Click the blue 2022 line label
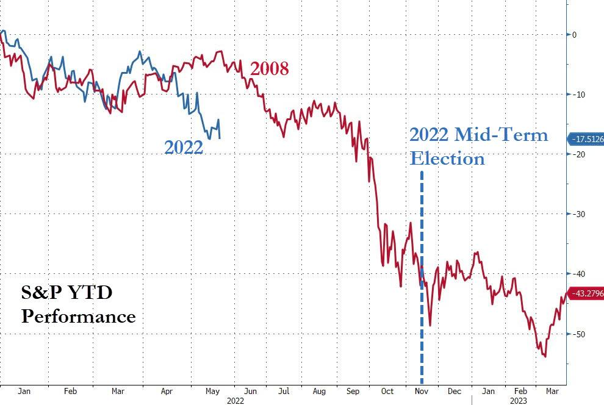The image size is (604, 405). click(x=183, y=147)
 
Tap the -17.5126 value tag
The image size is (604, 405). click(x=586, y=139)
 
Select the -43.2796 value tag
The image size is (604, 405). click(x=586, y=294)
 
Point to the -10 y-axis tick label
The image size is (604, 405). click(x=577, y=95)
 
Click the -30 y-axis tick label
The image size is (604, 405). click(x=577, y=214)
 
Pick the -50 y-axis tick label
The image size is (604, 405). click(x=577, y=334)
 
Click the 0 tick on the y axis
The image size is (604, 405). click(x=574, y=35)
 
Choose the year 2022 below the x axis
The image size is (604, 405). click(x=236, y=401)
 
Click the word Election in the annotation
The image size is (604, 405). click(x=447, y=159)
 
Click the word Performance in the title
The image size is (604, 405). click(x=79, y=317)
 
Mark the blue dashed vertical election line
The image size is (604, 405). click(x=422, y=244)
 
